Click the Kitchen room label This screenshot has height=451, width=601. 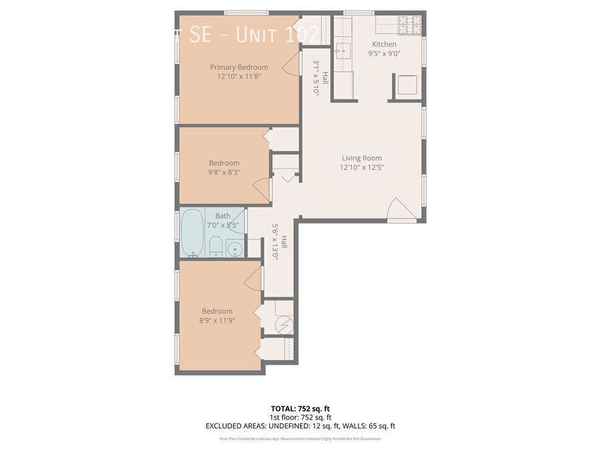[x=384, y=45]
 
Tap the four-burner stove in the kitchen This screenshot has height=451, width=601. [x=409, y=25]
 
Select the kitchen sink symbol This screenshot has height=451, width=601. [x=343, y=50]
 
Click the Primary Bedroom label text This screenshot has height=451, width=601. [x=238, y=67]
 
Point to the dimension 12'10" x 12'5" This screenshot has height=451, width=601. [x=361, y=168]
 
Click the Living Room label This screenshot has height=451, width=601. [x=361, y=158]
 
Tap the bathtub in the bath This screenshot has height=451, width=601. [x=192, y=233]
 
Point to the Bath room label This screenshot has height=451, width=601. [x=222, y=216]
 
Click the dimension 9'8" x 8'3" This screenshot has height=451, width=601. [x=224, y=172]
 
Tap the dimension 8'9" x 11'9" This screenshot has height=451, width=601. [x=217, y=321]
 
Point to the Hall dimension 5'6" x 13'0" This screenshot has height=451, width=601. [x=274, y=241]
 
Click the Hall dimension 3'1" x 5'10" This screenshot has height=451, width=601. [x=316, y=78]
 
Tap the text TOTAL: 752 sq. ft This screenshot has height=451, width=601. [x=300, y=408]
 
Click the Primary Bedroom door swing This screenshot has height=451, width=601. [x=290, y=65]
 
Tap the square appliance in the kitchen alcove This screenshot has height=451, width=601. [x=407, y=86]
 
